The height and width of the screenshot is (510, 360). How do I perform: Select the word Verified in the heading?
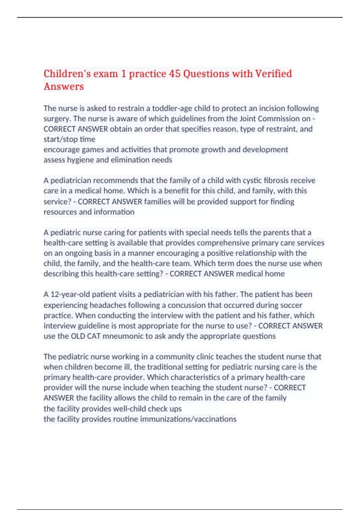[273, 74]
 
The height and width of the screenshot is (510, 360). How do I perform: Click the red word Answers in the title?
[64, 87]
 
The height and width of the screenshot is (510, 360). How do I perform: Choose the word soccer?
[291, 305]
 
